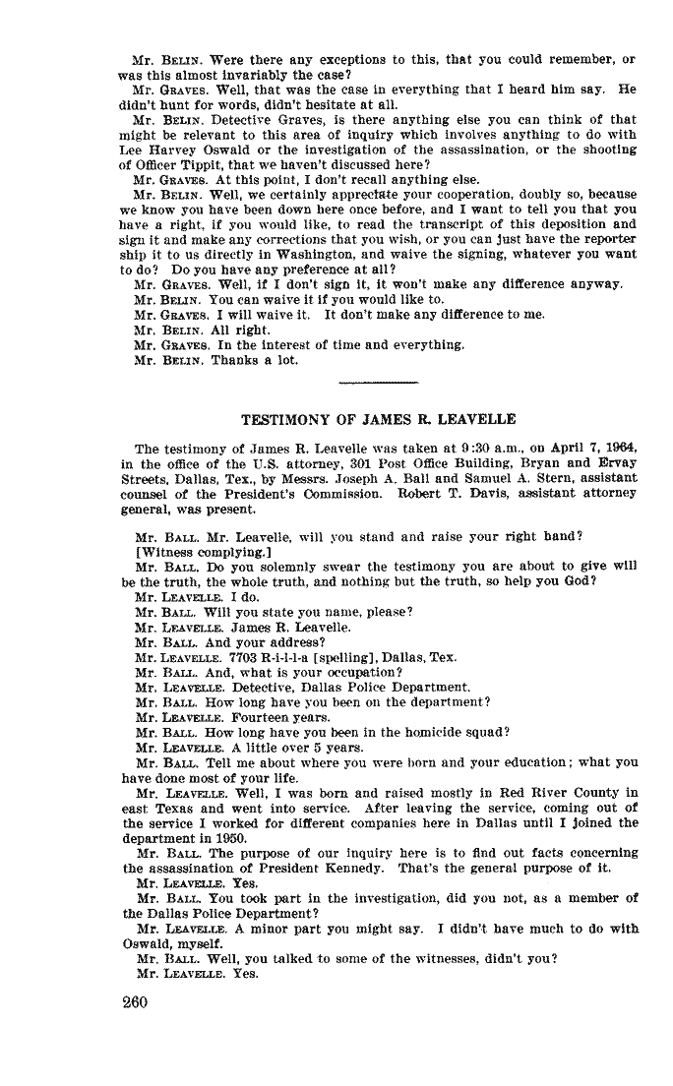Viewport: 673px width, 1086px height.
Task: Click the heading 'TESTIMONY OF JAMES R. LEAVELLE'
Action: pos(379,419)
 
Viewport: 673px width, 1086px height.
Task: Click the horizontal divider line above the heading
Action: pos(378,380)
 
